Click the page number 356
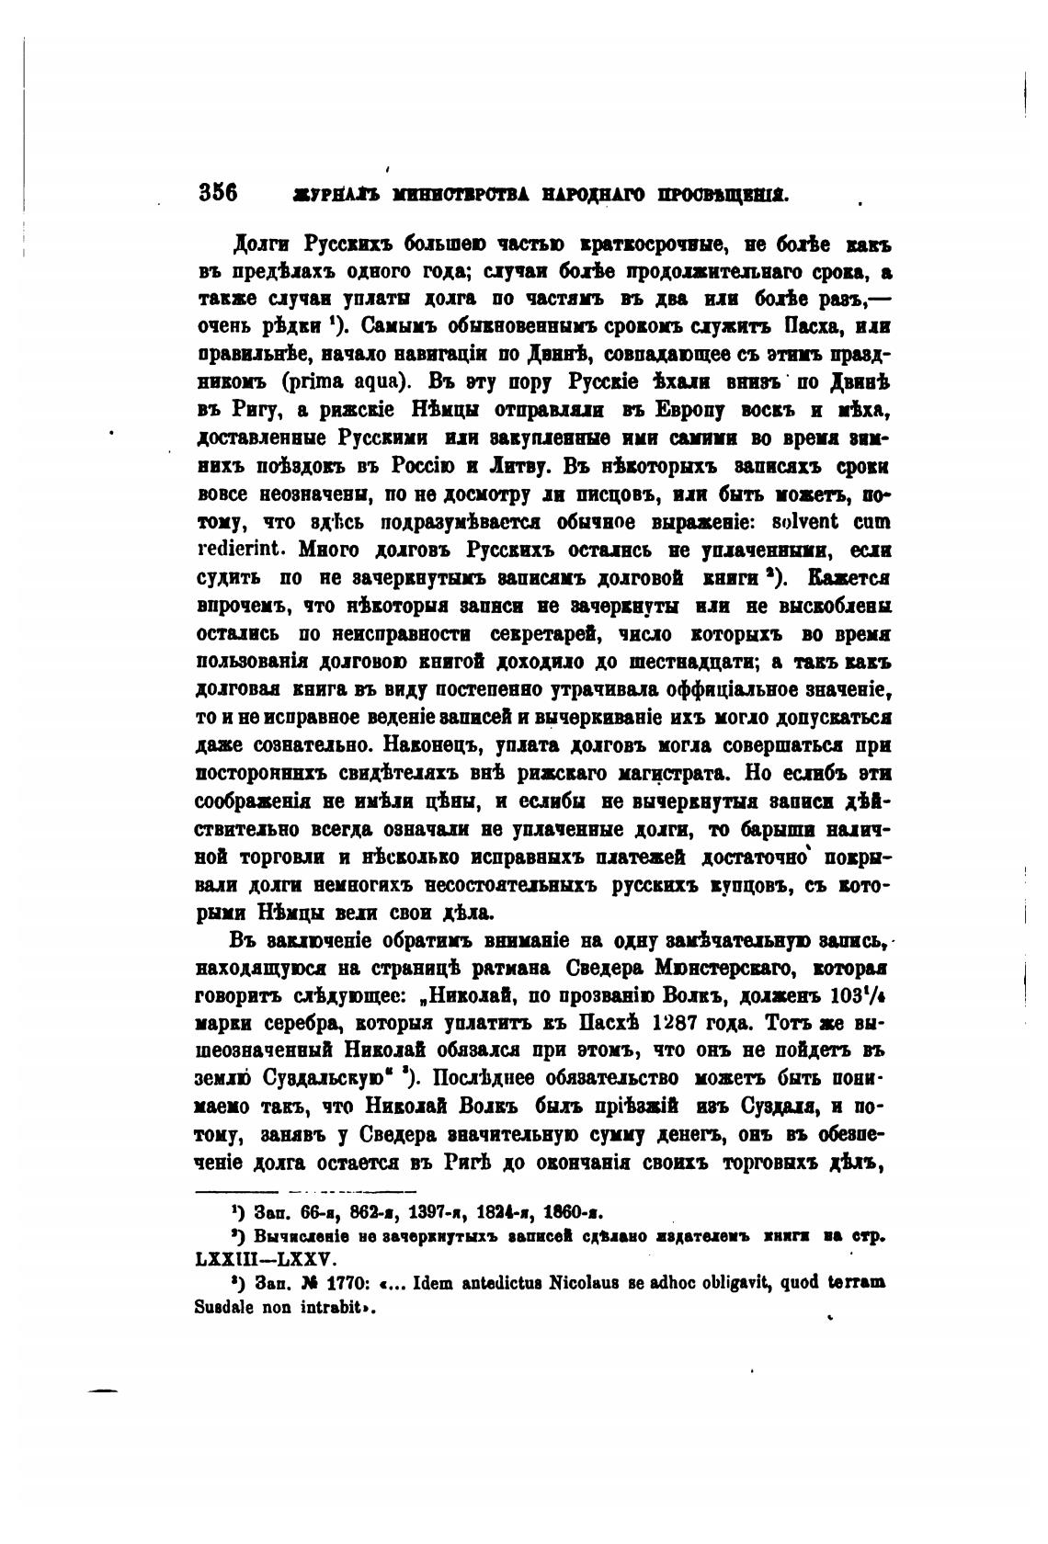[x=218, y=193]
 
